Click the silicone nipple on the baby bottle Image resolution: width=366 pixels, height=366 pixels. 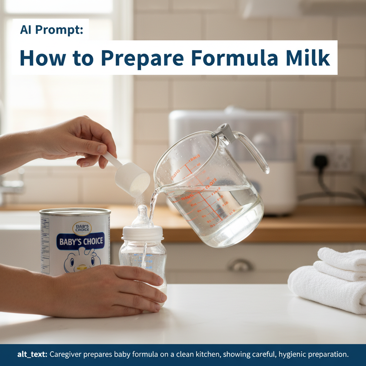tap(142, 217)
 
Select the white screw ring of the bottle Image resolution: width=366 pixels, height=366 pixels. tap(143, 234)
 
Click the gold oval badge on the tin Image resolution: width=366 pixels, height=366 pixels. tap(82, 227)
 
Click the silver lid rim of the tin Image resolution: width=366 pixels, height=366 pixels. tap(75, 212)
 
